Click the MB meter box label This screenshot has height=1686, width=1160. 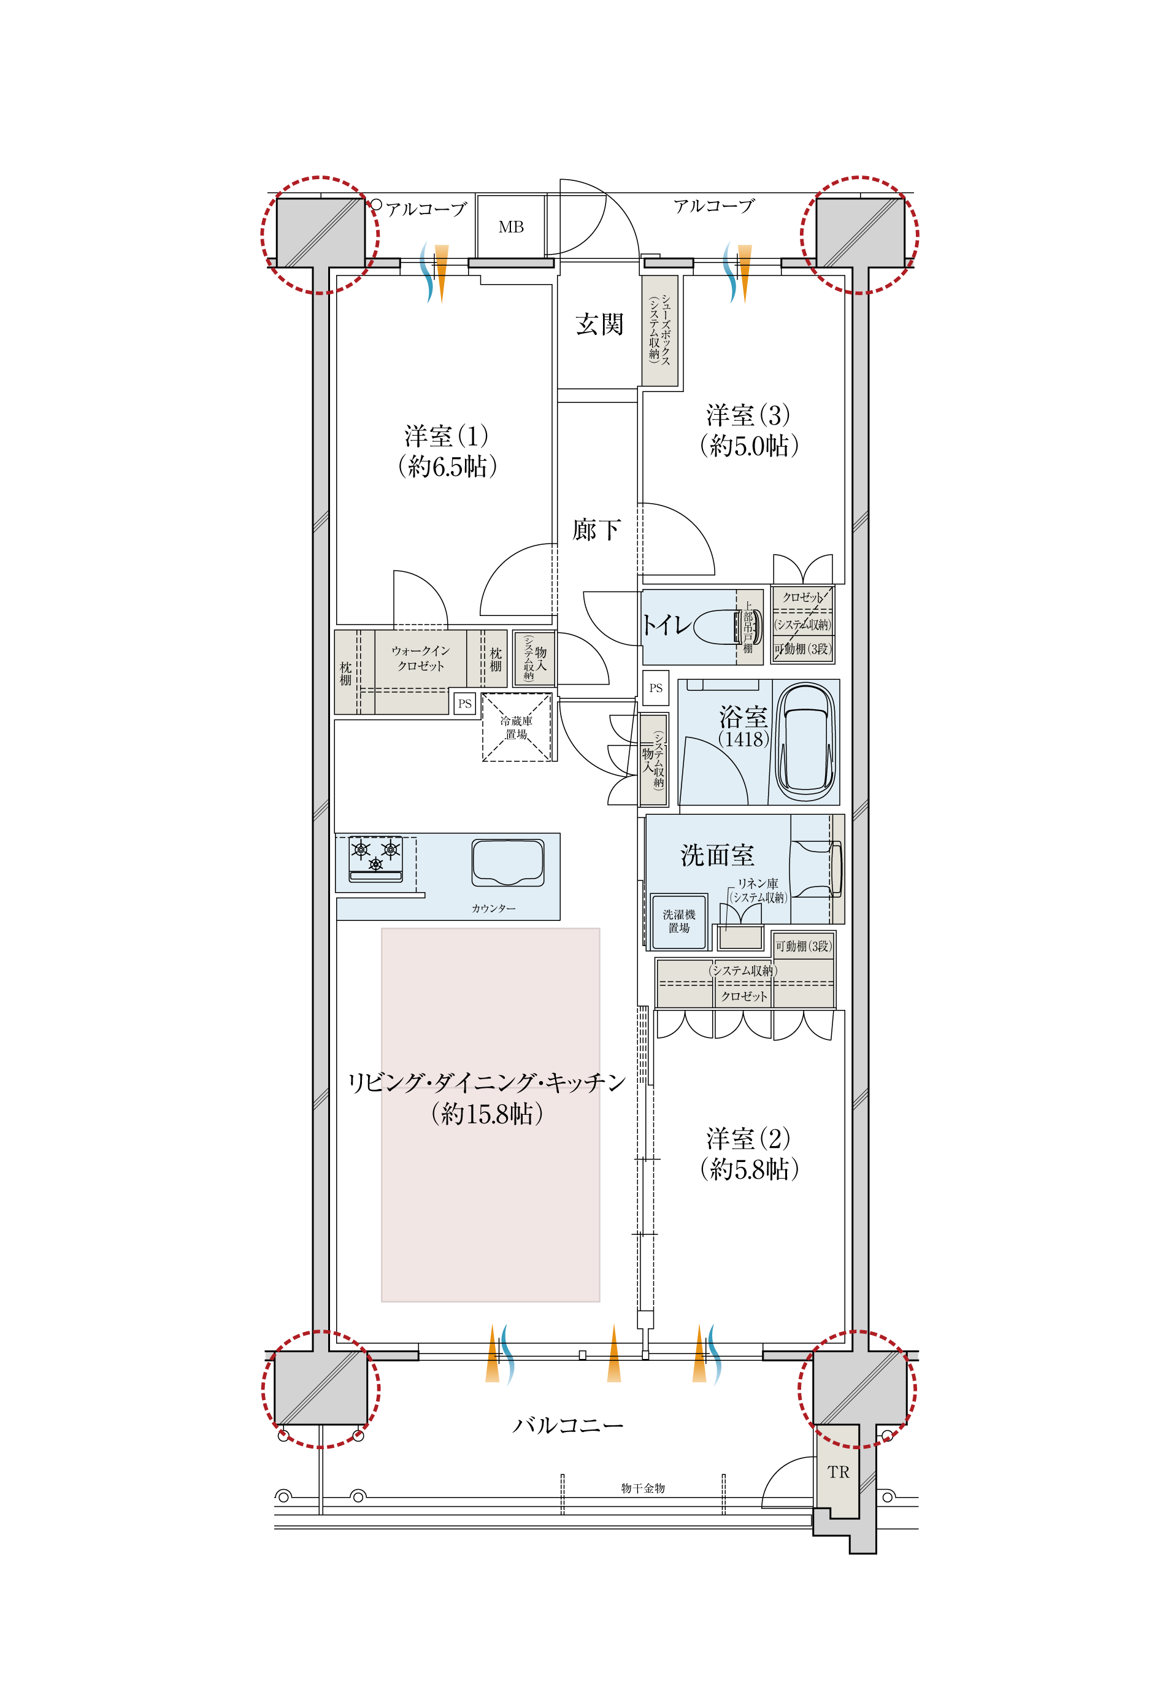click(511, 228)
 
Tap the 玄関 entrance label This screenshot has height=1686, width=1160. click(599, 324)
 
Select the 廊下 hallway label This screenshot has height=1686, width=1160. click(596, 529)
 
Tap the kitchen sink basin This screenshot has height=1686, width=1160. click(508, 863)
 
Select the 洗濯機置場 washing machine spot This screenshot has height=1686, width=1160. click(679, 922)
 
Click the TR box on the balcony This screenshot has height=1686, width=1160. click(838, 1472)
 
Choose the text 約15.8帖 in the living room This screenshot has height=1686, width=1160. click(487, 1114)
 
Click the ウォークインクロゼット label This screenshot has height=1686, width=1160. click(420, 658)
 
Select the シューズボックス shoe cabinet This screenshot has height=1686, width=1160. click(660, 330)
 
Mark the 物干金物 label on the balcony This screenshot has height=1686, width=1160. click(642, 1488)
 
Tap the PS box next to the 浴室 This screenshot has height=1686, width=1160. click(656, 688)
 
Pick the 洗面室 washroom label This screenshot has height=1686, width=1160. click(717, 855)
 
